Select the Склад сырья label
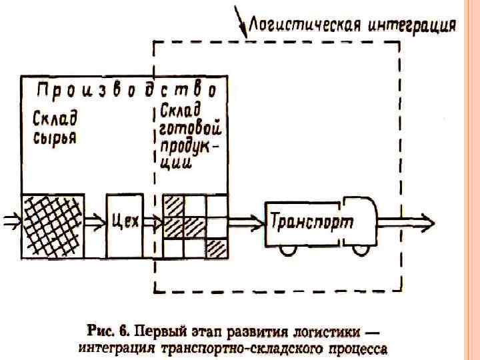pyautogui.click(x=55, y=129)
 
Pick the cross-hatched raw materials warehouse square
pyautogui.click(x=54, y=225)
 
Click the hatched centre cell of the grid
pyautogui.click(x=194, y=225)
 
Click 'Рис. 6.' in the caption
pyautogui.click(x=108, y=331)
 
